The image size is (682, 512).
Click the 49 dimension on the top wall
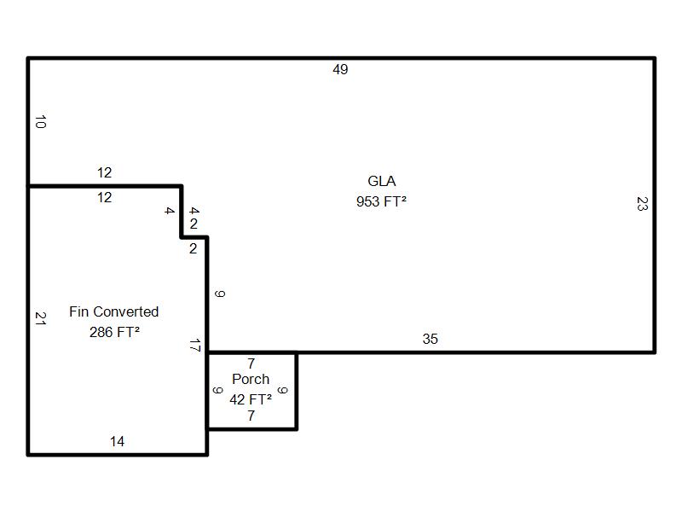tap(340, 69)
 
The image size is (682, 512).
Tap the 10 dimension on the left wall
tap(40, 122)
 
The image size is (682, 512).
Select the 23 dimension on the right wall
tap(642, 203)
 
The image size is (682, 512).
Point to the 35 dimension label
tap(431, 339)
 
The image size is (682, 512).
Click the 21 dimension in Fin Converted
tap(40, 318)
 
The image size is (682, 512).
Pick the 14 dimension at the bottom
tap(118, 441)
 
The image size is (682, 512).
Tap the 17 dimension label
tap(195, 346)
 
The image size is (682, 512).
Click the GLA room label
tap(381, 181)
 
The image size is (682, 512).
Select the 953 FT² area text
tap(381, 202)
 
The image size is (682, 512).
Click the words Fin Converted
tap(113, 311)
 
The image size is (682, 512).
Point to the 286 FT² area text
tap(114, 332)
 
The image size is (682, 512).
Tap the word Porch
tap(251, 379)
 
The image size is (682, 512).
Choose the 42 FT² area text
tap(251, 398)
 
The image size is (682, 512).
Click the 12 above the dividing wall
tap(104, 172)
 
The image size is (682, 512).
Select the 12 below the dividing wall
tap(104, 197)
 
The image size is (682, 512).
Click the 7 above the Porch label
tap(251, 364)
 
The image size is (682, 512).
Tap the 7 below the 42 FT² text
tap(251, 416)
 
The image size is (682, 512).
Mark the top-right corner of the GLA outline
tap(654, 59)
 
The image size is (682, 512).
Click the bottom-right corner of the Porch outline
tap(296, 428)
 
